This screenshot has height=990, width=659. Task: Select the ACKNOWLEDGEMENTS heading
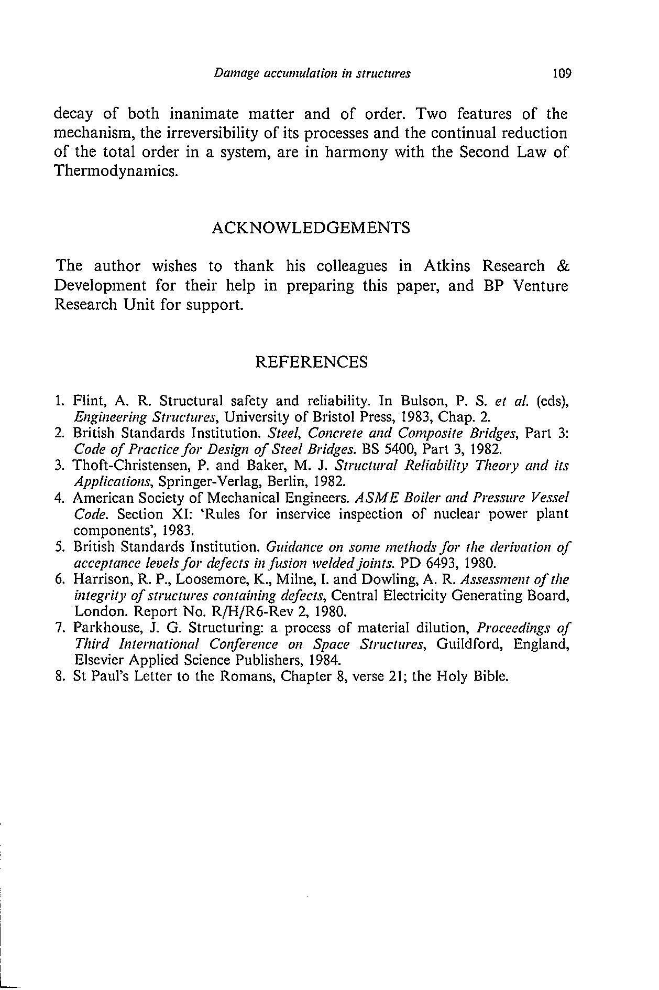311,228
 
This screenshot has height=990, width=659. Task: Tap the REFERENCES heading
311,362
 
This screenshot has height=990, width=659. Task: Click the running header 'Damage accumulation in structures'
312,73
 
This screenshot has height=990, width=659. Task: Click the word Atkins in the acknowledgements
446,266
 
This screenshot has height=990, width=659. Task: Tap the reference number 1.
58,402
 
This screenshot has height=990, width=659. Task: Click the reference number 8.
59,676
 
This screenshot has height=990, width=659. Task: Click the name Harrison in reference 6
97,580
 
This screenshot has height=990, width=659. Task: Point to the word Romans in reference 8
246,676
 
